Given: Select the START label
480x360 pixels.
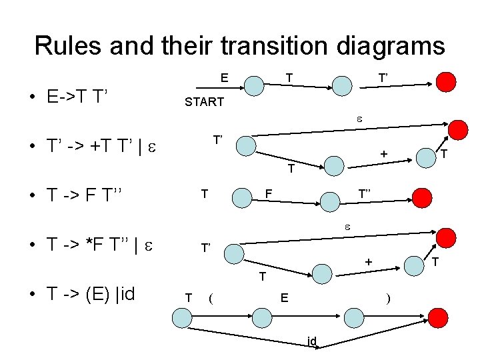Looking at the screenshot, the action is point(204,103).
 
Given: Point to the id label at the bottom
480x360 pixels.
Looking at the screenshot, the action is point(311,341).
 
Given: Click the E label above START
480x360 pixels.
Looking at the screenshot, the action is point(225,78).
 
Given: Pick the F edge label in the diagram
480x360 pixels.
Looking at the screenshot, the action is point(269,193).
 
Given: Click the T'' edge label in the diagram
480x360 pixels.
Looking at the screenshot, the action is point(365,193).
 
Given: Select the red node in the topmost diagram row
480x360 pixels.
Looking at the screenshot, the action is point(446,82).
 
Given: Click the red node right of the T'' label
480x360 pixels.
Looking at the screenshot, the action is point(421,197).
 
